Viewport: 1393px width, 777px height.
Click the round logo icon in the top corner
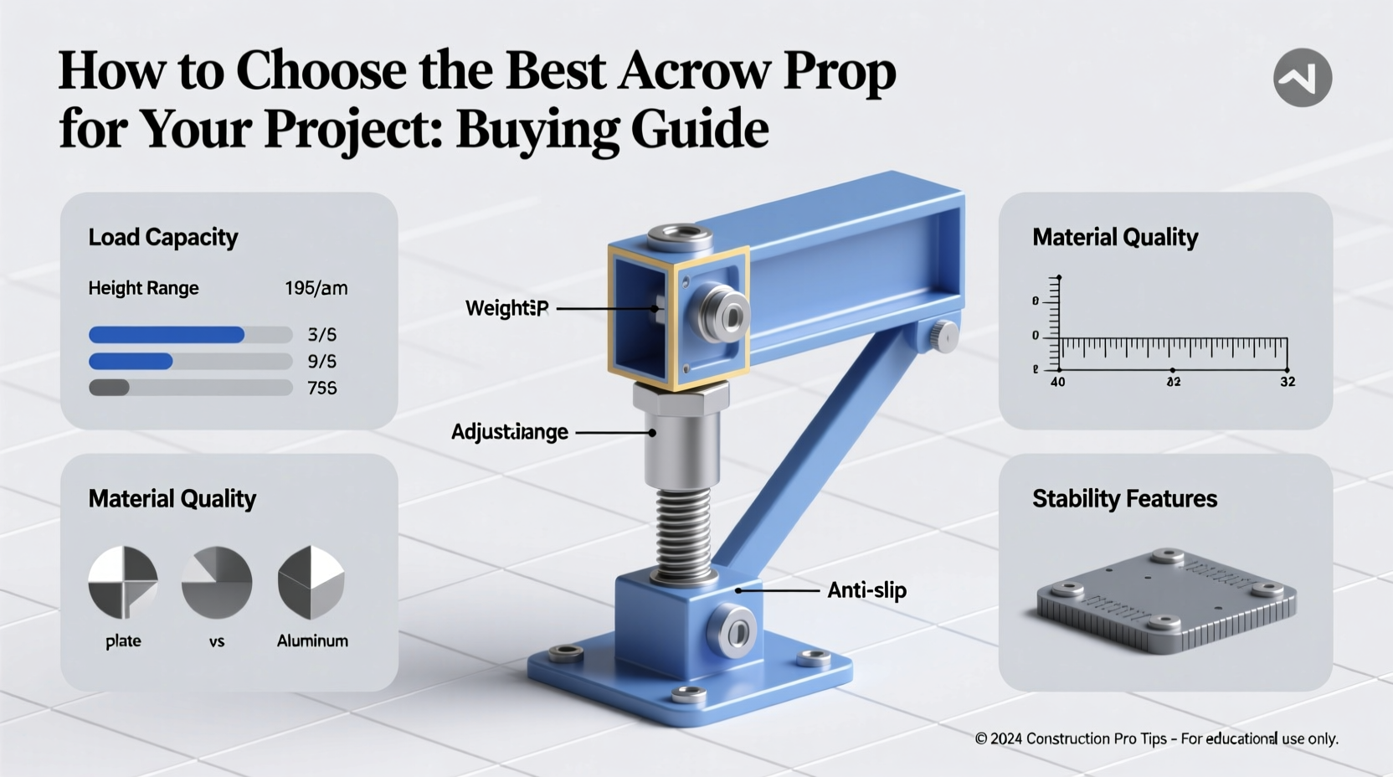[x=1302, y=78]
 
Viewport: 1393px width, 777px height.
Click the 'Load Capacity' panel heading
[x=163, y=238]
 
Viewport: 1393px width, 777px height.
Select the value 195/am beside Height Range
[x=316, y=288]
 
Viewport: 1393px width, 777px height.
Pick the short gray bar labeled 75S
[x=109, y=388]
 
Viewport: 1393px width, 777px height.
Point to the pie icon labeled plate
[x=123, y=582]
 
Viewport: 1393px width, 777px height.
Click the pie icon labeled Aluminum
[x=311, y=582]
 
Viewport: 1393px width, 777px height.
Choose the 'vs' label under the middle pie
[x=217, y=641]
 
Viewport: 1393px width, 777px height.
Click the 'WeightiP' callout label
[x=506, y=308]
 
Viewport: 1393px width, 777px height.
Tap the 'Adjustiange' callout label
[x=509, y=432]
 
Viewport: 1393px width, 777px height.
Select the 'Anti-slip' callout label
[x=866, y=590]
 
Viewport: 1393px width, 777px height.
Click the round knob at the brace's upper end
[x=944, y=336]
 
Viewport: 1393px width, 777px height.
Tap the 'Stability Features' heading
[x=1124, y=499]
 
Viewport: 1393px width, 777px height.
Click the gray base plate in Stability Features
[x=1165, y=600]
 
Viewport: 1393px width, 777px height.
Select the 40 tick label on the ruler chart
[x=1058, y=382]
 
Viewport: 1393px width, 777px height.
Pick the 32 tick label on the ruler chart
[x=1288, y=382]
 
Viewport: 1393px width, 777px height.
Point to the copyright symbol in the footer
[x=981, y=738]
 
